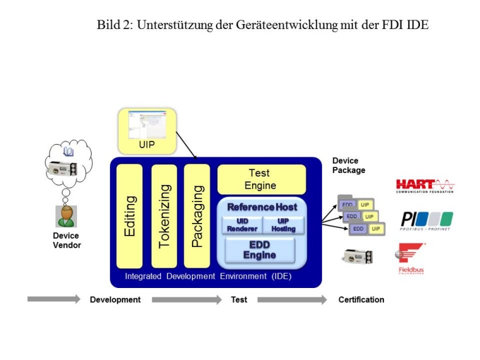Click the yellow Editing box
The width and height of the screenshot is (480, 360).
[129, 216]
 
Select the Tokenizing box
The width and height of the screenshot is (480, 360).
[164, 216]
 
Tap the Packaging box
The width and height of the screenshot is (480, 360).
[197, 216]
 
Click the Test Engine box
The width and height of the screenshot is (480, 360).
[261, 179]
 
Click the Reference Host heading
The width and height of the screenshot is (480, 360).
[262, 207]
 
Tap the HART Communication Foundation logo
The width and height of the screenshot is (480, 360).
[424, 186]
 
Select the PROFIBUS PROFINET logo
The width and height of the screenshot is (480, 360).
[426, 221]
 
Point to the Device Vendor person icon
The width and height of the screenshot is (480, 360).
[65, 216]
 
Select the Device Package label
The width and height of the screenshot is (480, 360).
[349, 165]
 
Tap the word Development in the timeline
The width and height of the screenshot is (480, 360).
[115, 299]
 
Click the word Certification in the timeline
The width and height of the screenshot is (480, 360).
[361, 299]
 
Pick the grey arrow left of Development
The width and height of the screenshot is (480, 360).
[53, 299]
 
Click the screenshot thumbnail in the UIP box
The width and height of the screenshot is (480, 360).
[147, 124]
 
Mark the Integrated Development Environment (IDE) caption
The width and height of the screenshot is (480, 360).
[208, 276]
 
